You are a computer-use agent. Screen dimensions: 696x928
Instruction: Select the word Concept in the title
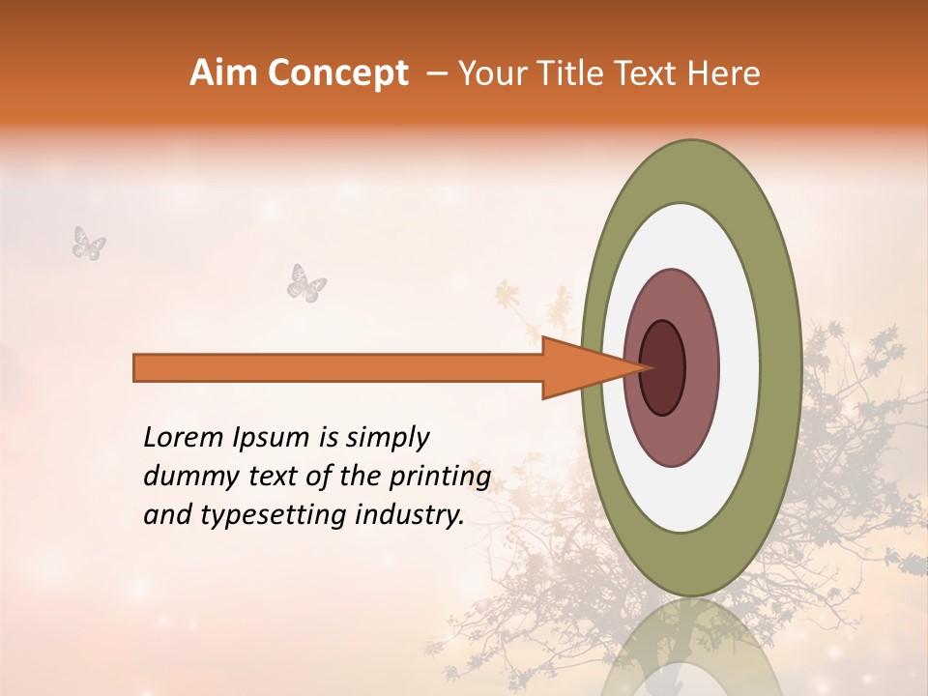337,73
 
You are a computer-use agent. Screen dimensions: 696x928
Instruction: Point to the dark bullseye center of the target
663,368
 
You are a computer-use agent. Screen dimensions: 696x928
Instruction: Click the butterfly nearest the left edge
89,243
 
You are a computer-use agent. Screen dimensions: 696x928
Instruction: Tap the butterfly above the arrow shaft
306,282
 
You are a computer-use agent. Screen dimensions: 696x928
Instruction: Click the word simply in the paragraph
387,439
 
